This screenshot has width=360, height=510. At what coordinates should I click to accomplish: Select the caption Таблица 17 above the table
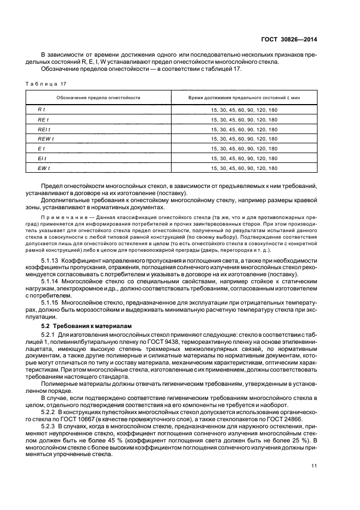coord(48,84)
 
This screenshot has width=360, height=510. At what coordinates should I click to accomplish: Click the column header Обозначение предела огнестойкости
coord(99,98)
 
